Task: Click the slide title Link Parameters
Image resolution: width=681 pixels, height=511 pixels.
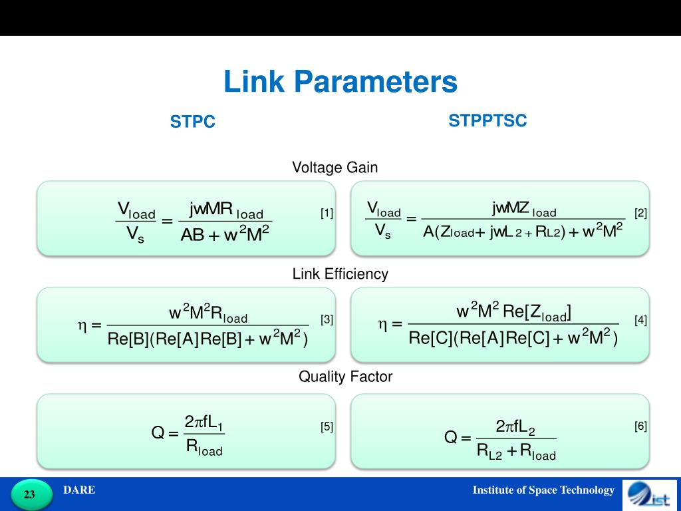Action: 340,83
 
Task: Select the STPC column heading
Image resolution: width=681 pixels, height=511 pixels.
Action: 193,122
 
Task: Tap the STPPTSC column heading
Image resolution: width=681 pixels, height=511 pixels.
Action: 487,120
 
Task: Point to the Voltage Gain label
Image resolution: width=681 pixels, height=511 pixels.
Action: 335,168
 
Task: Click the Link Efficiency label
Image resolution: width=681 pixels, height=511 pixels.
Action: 340,273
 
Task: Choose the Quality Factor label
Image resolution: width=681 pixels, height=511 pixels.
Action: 345,377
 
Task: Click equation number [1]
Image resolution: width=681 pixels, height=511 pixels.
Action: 327,214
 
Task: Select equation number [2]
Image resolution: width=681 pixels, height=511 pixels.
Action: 640,214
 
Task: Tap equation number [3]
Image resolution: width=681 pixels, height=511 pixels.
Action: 327,320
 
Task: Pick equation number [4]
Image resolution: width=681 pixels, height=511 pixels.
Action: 640,320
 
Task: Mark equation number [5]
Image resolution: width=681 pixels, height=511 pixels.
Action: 327,427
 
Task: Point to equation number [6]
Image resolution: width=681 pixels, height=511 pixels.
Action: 640,427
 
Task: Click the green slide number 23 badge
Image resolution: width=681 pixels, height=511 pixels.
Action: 30,494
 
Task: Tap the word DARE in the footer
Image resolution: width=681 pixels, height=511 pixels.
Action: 79,490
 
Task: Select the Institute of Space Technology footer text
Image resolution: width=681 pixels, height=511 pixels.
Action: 543,490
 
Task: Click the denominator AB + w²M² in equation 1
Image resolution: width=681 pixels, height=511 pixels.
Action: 225,234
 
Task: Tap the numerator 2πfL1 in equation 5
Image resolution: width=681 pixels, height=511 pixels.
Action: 204,423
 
